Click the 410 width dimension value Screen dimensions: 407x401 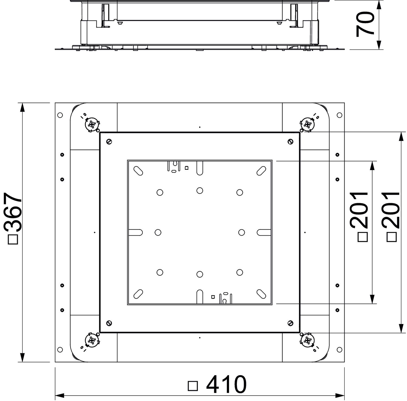[227, 384]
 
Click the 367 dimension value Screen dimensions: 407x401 [13, 212]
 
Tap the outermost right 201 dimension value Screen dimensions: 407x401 [391, 210]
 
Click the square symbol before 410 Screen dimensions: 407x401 [193, 386]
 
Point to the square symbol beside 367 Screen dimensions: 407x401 [13, 239]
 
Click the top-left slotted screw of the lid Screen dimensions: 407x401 [109, 142]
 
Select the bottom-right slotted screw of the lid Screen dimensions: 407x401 [290, 323]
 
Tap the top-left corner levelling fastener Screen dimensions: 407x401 [93, 125]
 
